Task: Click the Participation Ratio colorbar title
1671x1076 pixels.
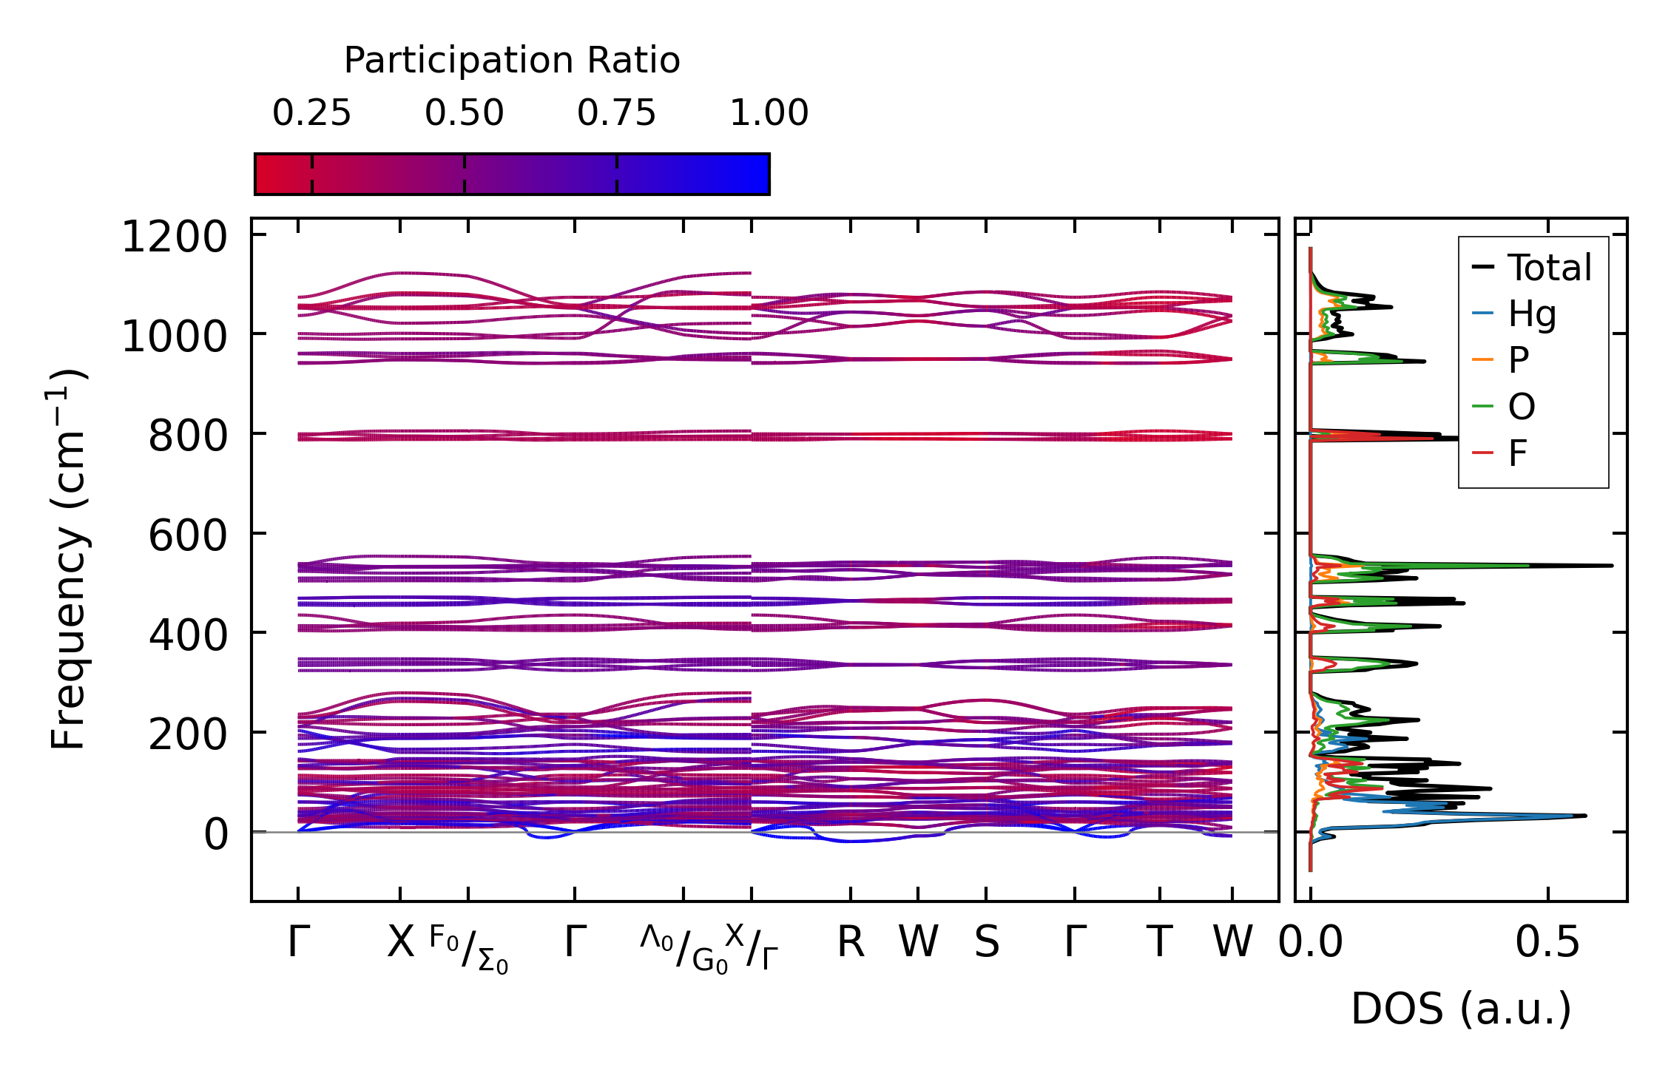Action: (x=512, y=61)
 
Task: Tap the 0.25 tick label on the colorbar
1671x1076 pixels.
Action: (x=311, y=113)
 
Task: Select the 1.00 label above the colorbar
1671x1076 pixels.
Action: (x=769, y=113)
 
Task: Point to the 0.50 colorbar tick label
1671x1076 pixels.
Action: (x=464, y=113)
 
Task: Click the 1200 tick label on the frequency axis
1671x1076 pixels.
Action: (x=174, y=237)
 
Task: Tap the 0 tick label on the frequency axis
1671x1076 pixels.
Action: (x=216, y=834)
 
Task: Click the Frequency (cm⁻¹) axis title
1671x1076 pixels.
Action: (x=68, y=559)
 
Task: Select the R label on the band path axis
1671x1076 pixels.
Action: (x=851, y=943)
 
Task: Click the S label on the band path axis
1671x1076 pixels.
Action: (x=986, y=943)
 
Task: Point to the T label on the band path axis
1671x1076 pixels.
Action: (x=1159, y=943)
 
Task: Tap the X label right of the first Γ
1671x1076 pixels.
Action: (x=400, y=943)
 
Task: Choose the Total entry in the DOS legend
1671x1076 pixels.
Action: (x=1550, y=268)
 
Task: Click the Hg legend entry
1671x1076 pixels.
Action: (x=1532, y=314)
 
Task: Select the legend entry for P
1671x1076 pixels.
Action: (x=1519, y=360)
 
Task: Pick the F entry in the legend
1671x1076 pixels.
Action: (x=1518, y=453)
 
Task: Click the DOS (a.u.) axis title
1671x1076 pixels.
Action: (x=1461, y=1009)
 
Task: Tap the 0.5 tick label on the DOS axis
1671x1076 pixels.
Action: (x=1547, y=943)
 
